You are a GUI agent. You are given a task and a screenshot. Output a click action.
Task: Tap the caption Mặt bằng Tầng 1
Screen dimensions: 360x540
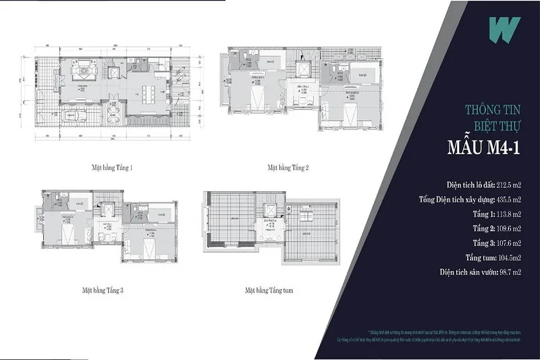[112, 166]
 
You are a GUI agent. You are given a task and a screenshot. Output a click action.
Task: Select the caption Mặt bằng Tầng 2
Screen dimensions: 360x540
[288, 166]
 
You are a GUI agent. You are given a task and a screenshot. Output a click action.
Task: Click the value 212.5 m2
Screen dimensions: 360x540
[506, 183]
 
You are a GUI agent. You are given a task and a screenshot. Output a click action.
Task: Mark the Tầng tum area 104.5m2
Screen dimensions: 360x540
[508, 257]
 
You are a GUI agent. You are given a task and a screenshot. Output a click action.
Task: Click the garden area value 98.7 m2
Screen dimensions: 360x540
[507, 272]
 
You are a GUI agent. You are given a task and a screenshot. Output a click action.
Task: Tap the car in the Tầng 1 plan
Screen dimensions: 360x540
[75, 114]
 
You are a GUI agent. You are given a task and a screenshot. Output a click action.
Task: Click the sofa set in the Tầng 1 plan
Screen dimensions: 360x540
[84, 68]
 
